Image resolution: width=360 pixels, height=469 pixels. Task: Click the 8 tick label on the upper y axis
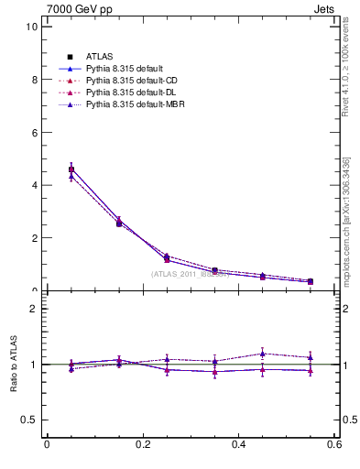tap(34, 80)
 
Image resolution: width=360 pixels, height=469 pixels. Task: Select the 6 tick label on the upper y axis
tap(34, 132)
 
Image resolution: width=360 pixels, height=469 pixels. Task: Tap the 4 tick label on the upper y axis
tap(34, 185)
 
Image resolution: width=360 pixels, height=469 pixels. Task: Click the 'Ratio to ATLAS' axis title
tap(13, 364)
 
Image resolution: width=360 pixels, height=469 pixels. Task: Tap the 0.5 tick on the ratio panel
tap(29, 420)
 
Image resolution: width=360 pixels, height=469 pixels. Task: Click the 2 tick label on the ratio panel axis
tap(34, 309)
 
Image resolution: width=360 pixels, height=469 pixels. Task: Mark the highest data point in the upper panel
tap(71, 169)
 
